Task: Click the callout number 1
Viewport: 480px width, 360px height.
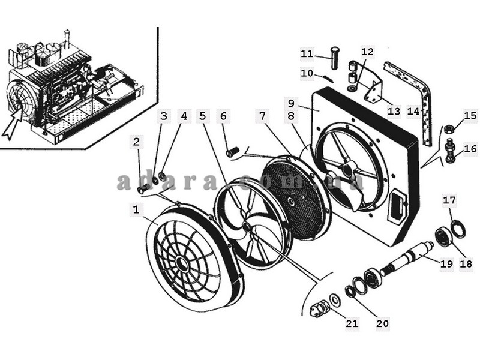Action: coord(136,209)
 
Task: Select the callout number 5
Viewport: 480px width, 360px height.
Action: coord(203,116)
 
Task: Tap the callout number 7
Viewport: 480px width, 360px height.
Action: coord(262,116)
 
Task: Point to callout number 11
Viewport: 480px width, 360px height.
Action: coord(307,54)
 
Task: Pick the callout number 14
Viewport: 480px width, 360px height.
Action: coord(413,111)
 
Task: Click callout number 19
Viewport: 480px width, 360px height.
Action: coord(446,263)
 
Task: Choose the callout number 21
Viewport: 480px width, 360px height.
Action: coord(352,323)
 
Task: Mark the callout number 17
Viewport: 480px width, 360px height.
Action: coord(449,200)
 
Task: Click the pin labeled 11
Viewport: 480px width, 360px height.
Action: coord(335,57)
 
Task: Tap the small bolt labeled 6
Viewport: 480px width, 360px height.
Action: coord(232,152)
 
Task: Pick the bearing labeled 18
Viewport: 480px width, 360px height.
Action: coord(443,236)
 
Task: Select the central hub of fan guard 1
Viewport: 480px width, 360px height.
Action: coord(182,263)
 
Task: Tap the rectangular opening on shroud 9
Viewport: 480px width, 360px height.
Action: coord(397,205)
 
